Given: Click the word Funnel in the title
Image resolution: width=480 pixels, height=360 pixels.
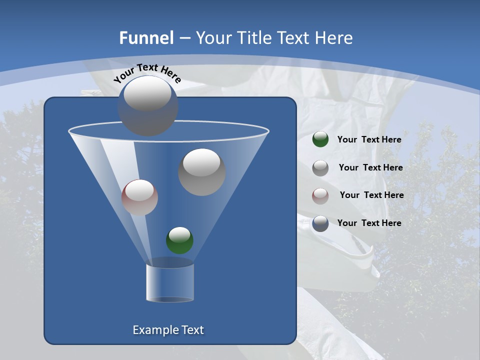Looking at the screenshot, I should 146,38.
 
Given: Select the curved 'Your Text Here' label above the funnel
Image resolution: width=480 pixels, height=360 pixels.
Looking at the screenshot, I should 147,73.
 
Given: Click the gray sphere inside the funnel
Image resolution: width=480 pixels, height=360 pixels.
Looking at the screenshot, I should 201,172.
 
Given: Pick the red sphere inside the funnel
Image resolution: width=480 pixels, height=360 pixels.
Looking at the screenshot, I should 139,197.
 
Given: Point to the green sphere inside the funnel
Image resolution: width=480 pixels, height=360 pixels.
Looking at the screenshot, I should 179,240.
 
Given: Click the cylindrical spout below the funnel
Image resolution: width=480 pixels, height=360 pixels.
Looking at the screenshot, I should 170,282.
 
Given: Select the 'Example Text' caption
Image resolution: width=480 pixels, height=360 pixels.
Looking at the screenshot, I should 168,330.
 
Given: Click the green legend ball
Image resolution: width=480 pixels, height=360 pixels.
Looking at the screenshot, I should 320,139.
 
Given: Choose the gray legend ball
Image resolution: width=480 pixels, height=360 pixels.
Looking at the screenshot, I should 320,167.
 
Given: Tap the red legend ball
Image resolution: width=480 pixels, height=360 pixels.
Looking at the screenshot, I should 320,195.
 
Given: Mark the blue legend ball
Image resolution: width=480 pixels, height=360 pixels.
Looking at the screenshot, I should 320,223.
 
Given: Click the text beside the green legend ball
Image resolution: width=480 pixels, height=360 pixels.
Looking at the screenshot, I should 369,139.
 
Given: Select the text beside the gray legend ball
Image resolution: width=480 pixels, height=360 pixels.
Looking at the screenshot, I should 370,167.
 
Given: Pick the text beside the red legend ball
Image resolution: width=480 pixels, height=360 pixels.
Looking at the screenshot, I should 371,195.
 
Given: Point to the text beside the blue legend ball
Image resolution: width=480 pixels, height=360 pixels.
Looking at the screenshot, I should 369,223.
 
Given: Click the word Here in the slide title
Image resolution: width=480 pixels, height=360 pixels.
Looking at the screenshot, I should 335,38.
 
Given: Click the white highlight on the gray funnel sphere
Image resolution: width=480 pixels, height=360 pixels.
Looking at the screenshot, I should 201,162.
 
